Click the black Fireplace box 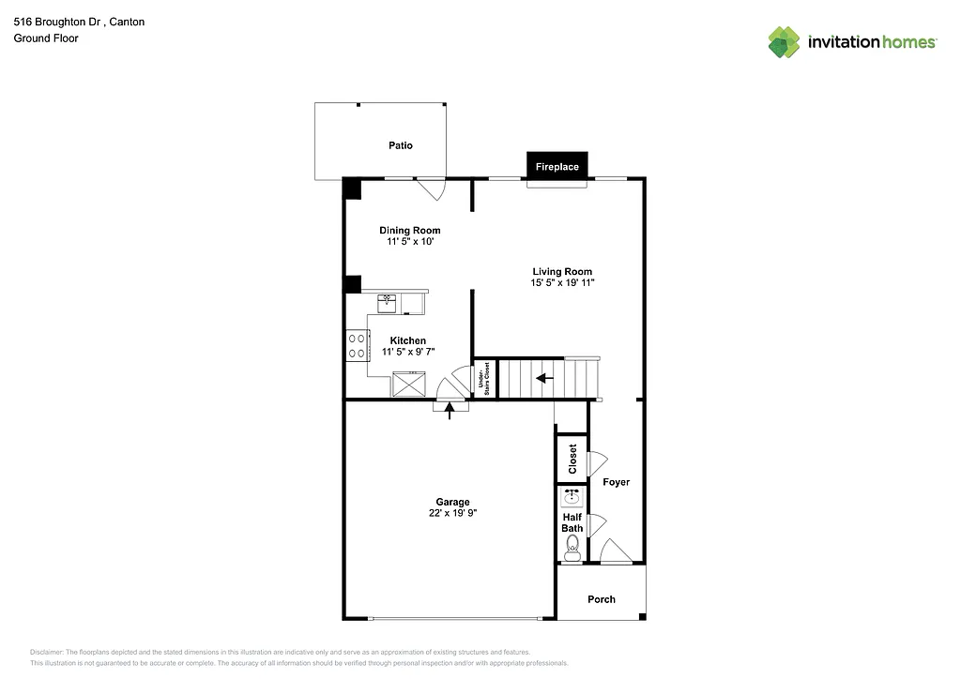(557, 166)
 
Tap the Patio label (401, 145)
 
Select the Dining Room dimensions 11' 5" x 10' (409, 242)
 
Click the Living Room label (562, 271)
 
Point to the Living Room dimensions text (562, 283)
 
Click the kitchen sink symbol (388, 302)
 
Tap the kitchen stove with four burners (357, 344)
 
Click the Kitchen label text (408, 340)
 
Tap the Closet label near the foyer (572, 459)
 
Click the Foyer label (616, 482)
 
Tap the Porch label (602, 599)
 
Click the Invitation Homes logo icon (785, 42)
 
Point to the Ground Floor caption (46, 38)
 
